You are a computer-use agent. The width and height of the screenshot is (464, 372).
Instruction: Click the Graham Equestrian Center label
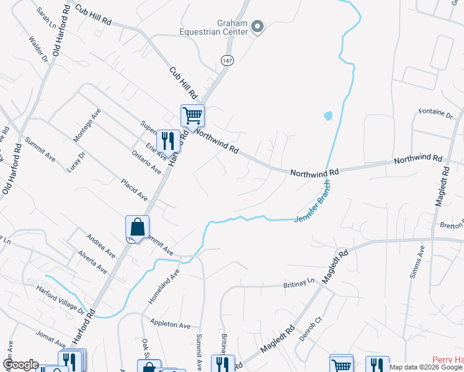pos(214,29)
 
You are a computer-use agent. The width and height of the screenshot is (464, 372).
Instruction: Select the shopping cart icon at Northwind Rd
pos(192,115)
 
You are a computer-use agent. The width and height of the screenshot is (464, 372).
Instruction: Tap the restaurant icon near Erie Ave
pos(168,141)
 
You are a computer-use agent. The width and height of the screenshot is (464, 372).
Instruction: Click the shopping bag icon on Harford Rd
pos(137,227)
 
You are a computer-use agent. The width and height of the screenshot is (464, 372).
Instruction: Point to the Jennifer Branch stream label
pos(311,201)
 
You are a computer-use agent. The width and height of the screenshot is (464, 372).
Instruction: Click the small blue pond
pos(328,115)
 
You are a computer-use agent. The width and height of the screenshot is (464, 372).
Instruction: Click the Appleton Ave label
pos(171,324)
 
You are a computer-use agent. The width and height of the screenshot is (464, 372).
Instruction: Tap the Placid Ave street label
pos(133,190)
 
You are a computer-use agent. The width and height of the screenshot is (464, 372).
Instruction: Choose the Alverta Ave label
pos(92,263)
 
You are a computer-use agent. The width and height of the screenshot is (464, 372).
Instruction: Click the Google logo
pos(20,365)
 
